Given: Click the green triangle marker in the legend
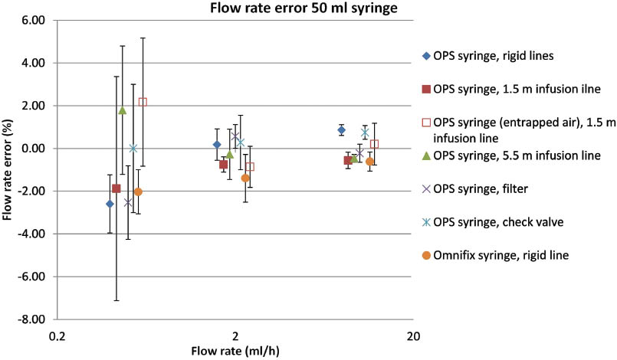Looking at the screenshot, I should click(x=426, y=156).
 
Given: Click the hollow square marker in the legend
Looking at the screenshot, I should click(x=426, y=123).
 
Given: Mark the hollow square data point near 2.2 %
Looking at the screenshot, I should click(x=143, y=102).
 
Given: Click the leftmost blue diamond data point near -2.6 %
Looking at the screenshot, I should click(x=110, y=204).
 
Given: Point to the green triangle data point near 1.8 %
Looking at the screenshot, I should click(x=122, y=110).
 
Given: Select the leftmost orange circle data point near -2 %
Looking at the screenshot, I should click(x=138, y=192).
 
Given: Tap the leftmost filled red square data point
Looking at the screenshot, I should click(x=117, y=188).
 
